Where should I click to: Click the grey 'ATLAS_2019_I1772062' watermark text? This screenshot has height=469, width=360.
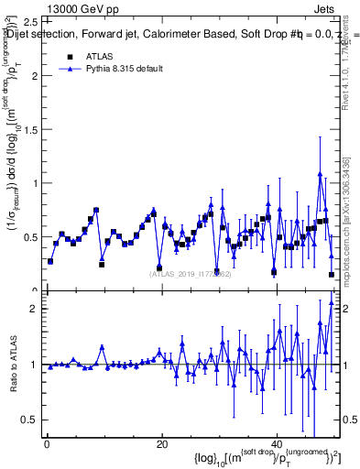(x=192, y=273)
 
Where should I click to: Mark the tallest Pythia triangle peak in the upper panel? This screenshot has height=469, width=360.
(x=320, y=174)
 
